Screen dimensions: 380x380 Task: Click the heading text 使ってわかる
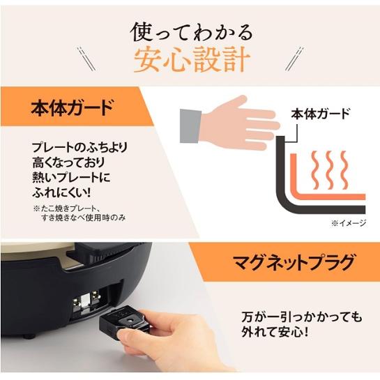[x=190, y=32]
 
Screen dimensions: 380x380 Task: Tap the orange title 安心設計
[x=190, y=61]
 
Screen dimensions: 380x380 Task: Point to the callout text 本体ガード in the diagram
[x=319, y=114]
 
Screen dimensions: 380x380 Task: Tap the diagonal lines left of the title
[x=88, y=58]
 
